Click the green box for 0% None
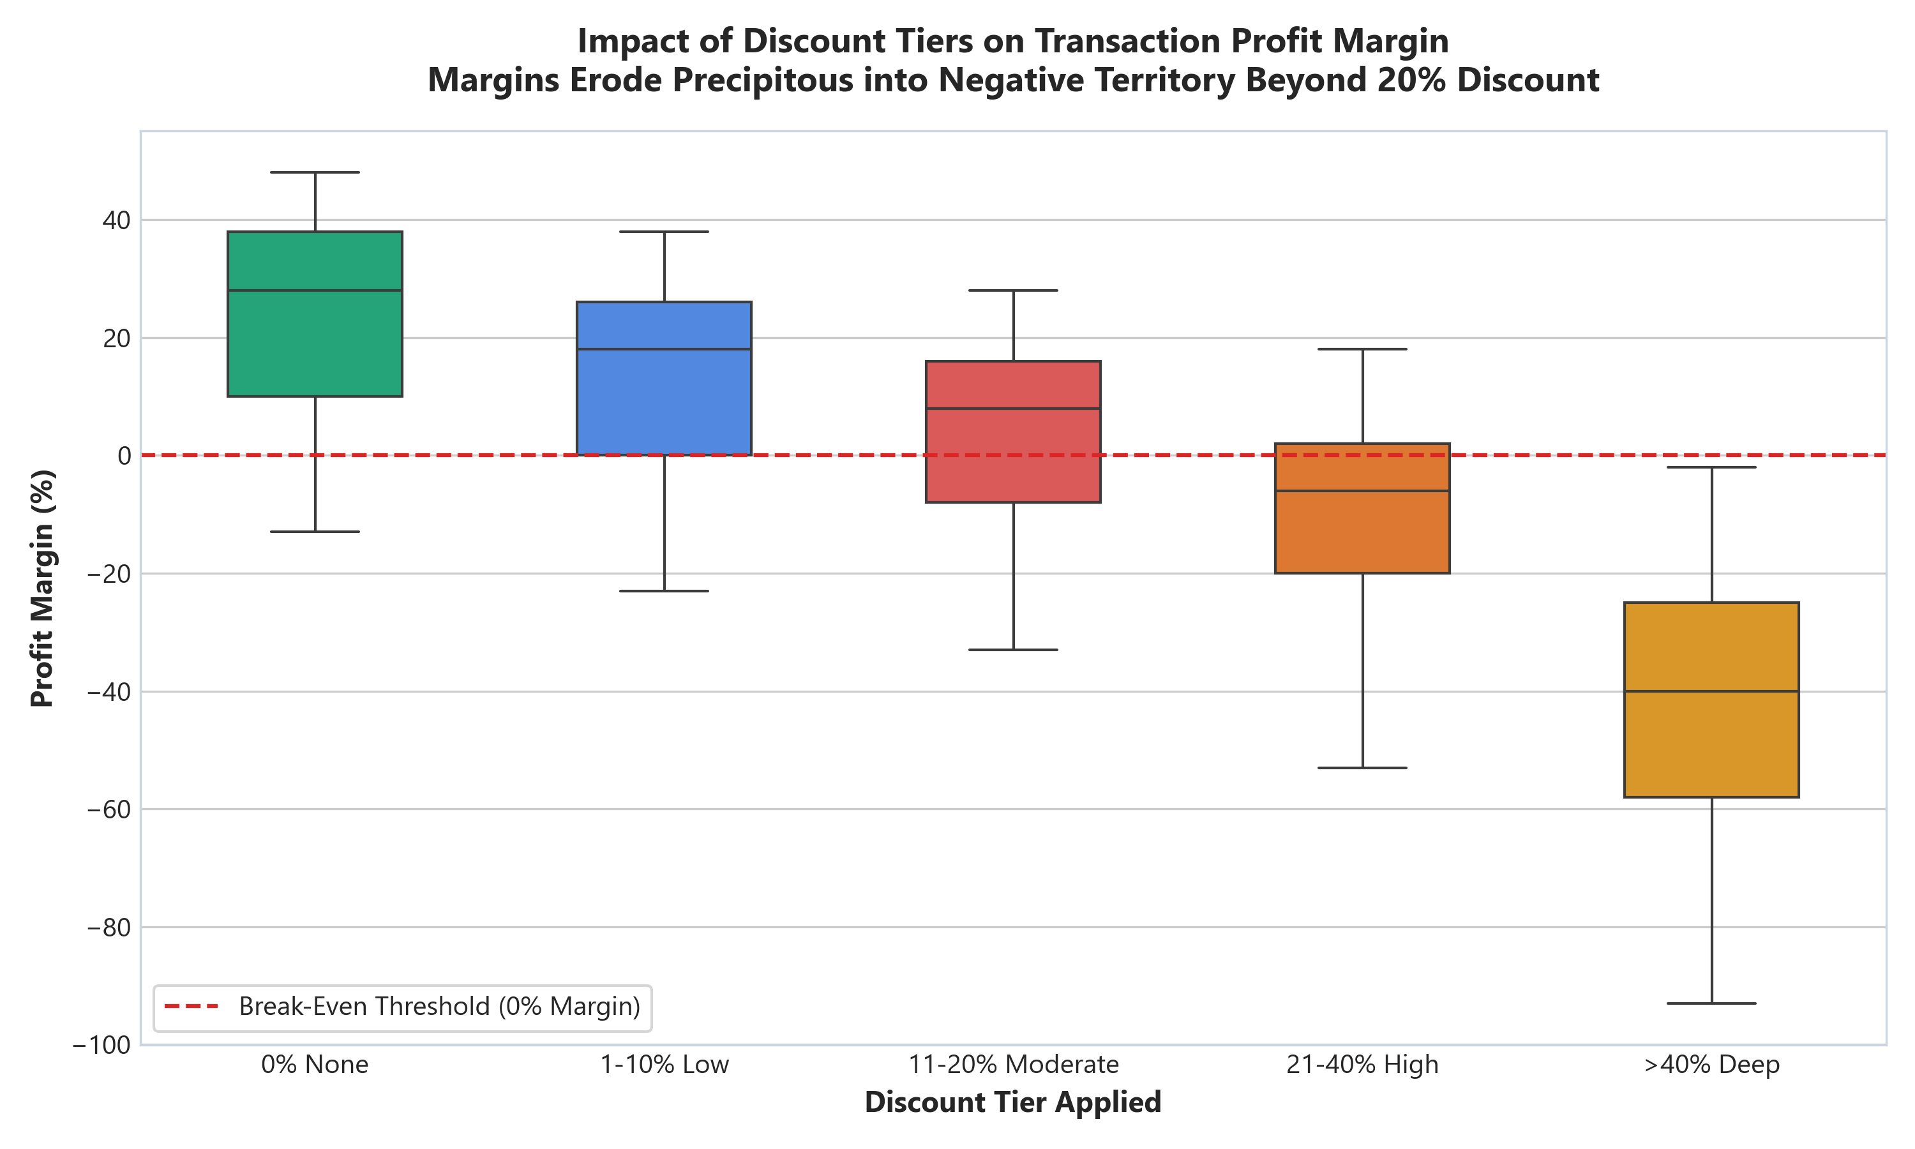[314, 313]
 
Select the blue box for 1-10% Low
[664, 379]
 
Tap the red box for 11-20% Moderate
[1013, 432]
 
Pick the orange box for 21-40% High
[1362, 509]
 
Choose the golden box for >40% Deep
[1711, 699]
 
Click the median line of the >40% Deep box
[1711, 691]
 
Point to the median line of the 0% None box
[314, 290]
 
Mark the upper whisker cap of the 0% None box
[314, 172]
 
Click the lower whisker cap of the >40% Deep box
[1711, 1003]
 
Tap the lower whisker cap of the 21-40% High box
[1362, 768]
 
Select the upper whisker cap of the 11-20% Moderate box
[1013, 290]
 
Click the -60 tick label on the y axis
[109, 810]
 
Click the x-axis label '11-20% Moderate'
[1013, 1065]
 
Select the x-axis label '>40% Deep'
[1711, 1065]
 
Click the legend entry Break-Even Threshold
[403, 1007]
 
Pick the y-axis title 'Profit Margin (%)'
[43, 589]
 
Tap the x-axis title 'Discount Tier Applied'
[1013, 1102]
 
